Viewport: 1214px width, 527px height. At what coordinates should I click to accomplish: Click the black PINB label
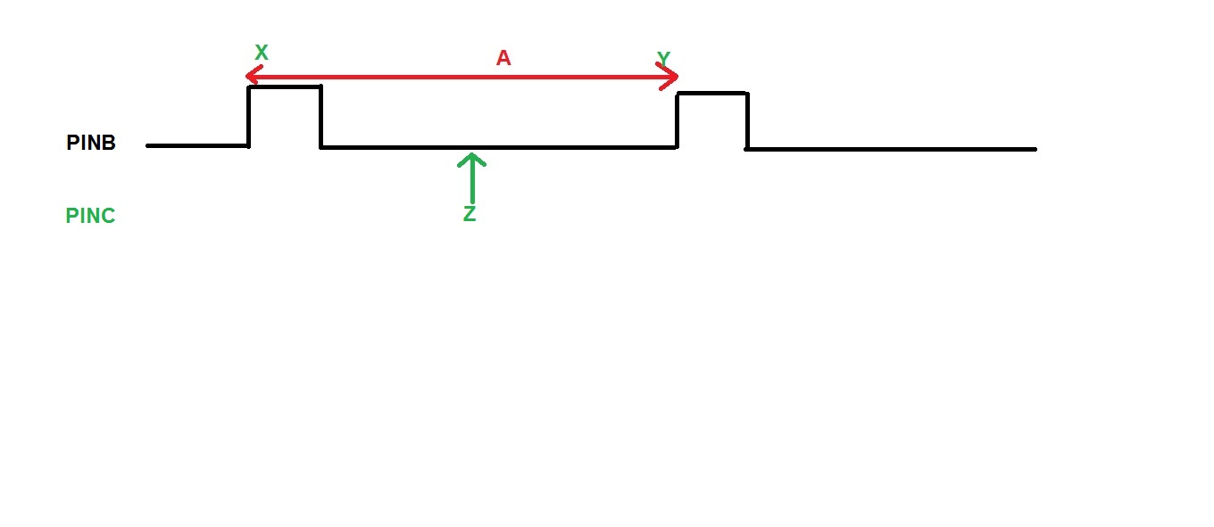click(91, 143)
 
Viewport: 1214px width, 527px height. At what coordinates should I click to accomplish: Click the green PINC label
click(90, 216)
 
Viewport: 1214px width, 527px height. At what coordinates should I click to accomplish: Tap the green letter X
click(262, 53)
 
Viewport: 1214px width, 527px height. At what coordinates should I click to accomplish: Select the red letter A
click(503, 57)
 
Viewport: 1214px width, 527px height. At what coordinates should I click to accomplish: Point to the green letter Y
click(663, 58)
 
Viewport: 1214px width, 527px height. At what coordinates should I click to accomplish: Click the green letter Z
click(470, 213)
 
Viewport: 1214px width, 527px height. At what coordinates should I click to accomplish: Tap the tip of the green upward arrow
click(472, 154)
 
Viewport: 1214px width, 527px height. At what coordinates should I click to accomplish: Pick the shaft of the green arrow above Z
click(472, 178)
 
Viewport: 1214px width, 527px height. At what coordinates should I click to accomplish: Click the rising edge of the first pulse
click(248, 116)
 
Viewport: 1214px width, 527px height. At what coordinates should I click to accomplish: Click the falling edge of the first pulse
click(320, 116)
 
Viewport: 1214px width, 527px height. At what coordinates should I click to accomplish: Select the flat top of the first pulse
click(285, 86)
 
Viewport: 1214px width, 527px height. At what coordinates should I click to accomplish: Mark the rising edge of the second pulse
click(677, 120)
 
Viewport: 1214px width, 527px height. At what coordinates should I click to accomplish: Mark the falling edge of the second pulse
click(747, 120)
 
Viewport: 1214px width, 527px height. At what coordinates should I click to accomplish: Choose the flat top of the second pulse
click(712, 94)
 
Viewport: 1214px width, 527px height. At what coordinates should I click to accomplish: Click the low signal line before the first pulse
click(197, 145)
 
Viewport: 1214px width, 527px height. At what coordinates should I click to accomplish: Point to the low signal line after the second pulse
click(891, 149)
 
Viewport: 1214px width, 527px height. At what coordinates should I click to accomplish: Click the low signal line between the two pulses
click(499, 147)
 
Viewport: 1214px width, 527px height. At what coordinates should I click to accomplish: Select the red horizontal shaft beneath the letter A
click(461, 77)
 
